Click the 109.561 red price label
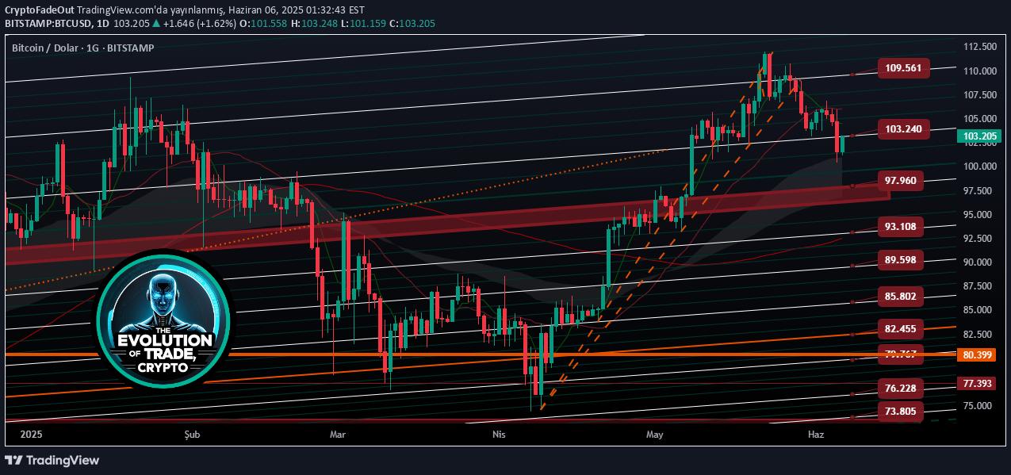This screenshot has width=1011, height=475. click(x=903, y=68)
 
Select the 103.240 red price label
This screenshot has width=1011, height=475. click(x=903, y=128)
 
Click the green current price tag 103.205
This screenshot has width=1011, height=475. click(x=980, y=136)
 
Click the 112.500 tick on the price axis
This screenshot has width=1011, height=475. click(x=979, y=47)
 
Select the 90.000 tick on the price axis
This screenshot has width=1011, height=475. click(x=979, y=262)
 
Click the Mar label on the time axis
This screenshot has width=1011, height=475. click(x=339, y=435)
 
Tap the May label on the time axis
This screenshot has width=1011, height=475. click(x=654, y=435)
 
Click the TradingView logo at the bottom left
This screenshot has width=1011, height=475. click(x=52, y=460)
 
